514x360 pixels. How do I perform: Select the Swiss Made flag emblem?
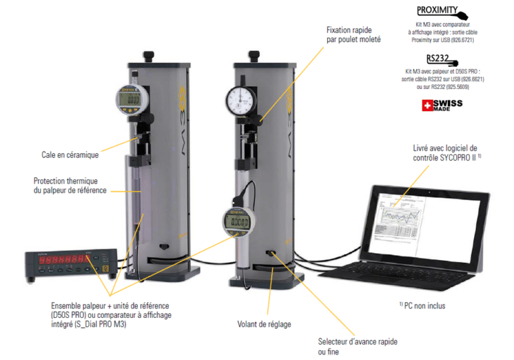pyautogui.click(x=428, y=106)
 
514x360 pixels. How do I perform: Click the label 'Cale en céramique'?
pyautogui.click(x=70, y=155)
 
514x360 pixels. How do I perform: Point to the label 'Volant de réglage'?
pyautogui.click(x=264, y=324)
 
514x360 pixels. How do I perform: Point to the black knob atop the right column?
pyautogui.click(x=254, y=55)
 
